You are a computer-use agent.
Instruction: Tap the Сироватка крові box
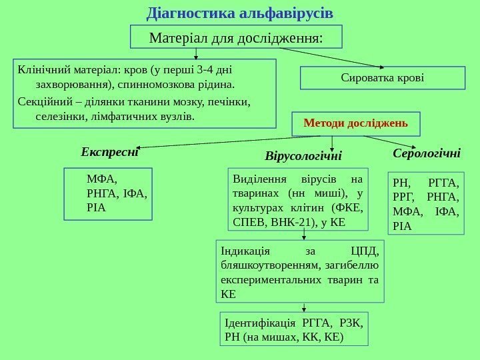(382, 78)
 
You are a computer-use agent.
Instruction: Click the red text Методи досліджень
(356, 123)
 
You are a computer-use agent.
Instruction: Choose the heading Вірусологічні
(303, 156)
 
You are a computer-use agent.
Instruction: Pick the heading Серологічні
(427, 153)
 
